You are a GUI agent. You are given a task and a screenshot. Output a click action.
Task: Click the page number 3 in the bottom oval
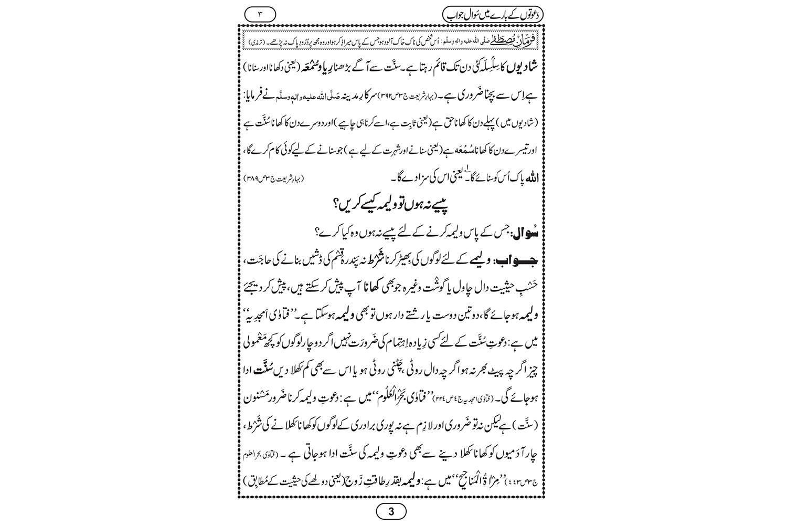[x=390, y=511]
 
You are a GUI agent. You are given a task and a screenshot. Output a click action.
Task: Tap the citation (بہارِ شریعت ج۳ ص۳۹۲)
[x=426, y=99]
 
